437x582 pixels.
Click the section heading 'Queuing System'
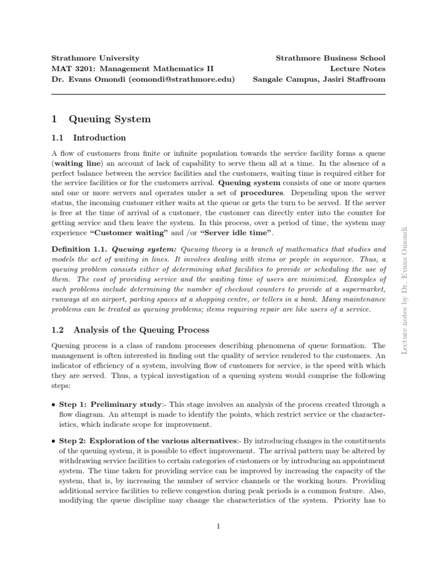pos(109,119)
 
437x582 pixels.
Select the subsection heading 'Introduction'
pos(97,138)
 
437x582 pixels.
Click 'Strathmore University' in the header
pos(96,58)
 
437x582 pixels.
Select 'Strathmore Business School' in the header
pos(330,58)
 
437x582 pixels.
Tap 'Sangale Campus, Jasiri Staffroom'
pos(319,80)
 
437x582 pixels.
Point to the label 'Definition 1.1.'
pos(79,250)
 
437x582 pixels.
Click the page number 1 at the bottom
pos(218,526)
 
